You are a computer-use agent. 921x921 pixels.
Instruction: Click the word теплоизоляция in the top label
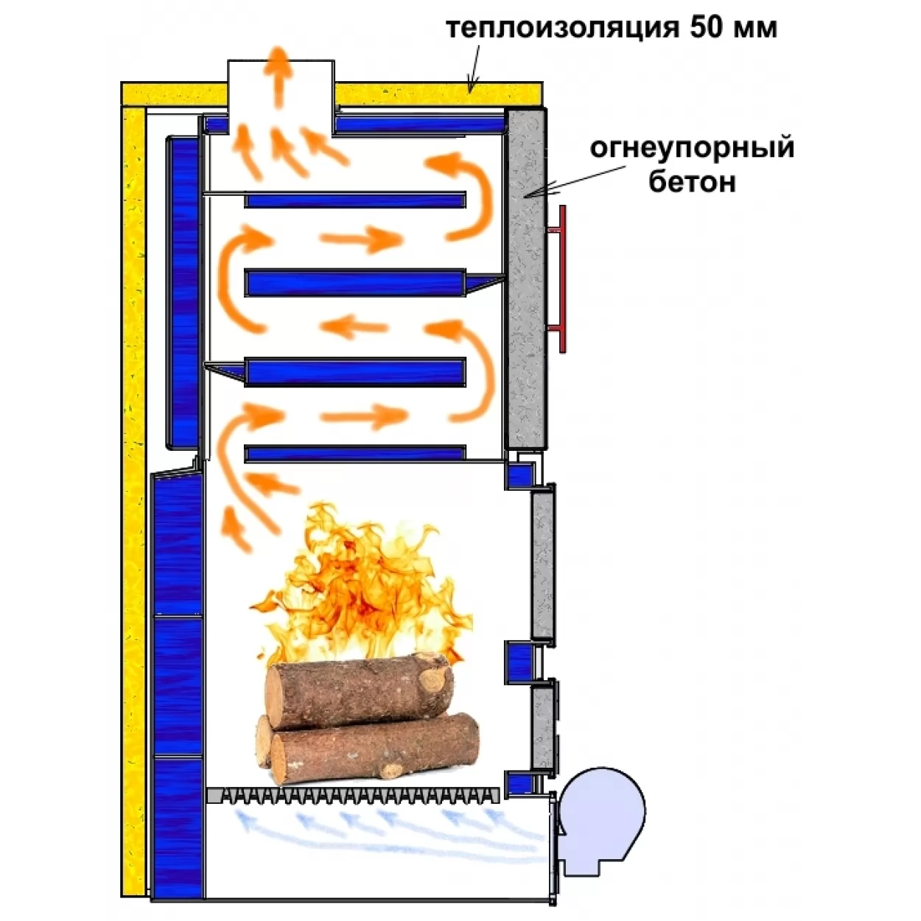(562, 29)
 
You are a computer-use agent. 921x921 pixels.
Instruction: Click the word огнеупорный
(692, 150)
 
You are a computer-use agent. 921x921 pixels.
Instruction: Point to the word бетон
(692, 181)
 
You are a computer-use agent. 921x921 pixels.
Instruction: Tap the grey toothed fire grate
(354, 795)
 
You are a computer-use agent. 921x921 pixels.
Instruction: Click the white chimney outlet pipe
(280, 97)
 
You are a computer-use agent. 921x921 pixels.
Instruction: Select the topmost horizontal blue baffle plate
(355, 199)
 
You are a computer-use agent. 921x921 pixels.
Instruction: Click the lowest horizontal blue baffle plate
(355, 453)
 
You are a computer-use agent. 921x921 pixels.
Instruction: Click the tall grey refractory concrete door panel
(526, 279)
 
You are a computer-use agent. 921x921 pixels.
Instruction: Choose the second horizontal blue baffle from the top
(355, 282)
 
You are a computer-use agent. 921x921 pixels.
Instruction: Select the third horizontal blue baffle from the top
(355, 371)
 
